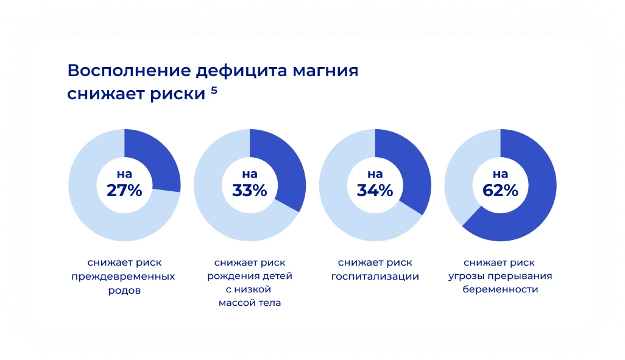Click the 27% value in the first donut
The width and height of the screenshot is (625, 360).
124,191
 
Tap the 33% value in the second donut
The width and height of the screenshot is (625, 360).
250,191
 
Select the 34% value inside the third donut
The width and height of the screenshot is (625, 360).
375,191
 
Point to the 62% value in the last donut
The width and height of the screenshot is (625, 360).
501,191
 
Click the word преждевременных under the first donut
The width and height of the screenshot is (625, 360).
124,277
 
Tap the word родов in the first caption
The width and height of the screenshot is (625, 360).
124,291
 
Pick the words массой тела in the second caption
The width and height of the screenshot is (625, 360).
250,303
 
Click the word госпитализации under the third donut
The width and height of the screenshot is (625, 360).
375,277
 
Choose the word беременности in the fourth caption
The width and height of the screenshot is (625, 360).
500,290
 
